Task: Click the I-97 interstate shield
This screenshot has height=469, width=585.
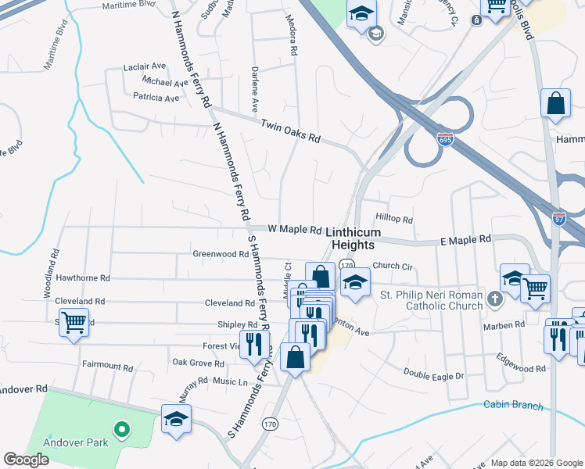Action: [x=559, y=220]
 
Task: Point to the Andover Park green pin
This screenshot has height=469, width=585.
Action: [x=120, y=429]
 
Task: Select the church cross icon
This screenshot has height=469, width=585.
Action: [x=494, y=299]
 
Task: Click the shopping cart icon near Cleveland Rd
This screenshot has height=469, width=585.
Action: [x=74, y=321]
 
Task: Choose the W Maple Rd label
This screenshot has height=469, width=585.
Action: [x=295, y=230]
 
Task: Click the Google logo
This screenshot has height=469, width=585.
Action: [x=26, y=460]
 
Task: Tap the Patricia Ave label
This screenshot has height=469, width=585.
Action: [x=156, y=98]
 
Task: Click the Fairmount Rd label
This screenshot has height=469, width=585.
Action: [x=108, y=365]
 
